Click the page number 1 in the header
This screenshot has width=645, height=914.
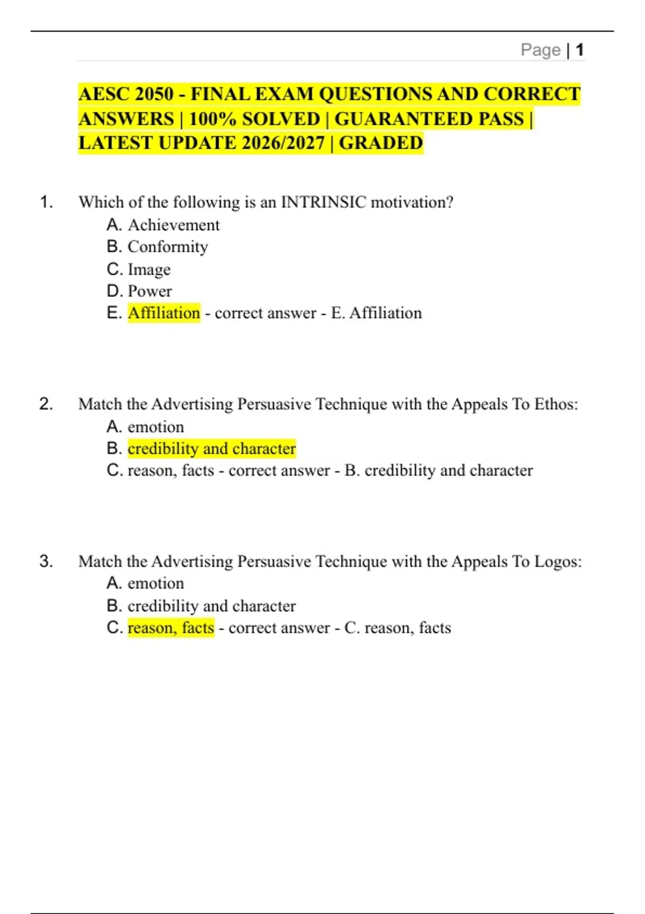pos(579,50)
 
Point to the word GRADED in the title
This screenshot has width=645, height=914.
pos(381,143)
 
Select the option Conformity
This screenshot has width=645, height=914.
pos(168,247)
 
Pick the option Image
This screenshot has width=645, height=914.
pos(149,269)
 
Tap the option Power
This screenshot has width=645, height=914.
pos(150,291)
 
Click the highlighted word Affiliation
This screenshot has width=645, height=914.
pos(164,313)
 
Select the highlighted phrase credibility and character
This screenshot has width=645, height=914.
pos(212,448)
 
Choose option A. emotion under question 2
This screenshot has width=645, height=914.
pos(155,427)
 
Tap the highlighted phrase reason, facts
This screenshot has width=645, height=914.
pos(171,627)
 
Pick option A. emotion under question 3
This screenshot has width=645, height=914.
pos(155,583)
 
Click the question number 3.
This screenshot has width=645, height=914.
pos(46,561)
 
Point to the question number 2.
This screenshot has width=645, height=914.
pos(46,404)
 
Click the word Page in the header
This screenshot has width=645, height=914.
pos(540,50)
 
